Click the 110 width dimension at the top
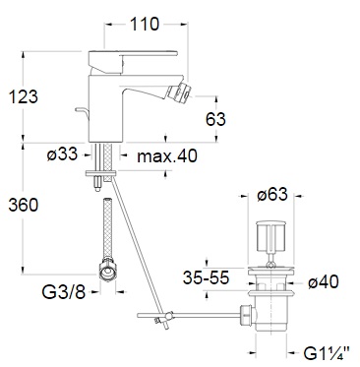point(145,24)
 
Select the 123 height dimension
point(23,96)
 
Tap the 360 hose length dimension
point(24,205)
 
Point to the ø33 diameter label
point(62,153)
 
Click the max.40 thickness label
point(167,155)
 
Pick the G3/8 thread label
point(64,291)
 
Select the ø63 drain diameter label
point(272,194)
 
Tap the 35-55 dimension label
point(206,278)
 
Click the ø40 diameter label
point(324,281)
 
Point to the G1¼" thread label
point(327,354)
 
